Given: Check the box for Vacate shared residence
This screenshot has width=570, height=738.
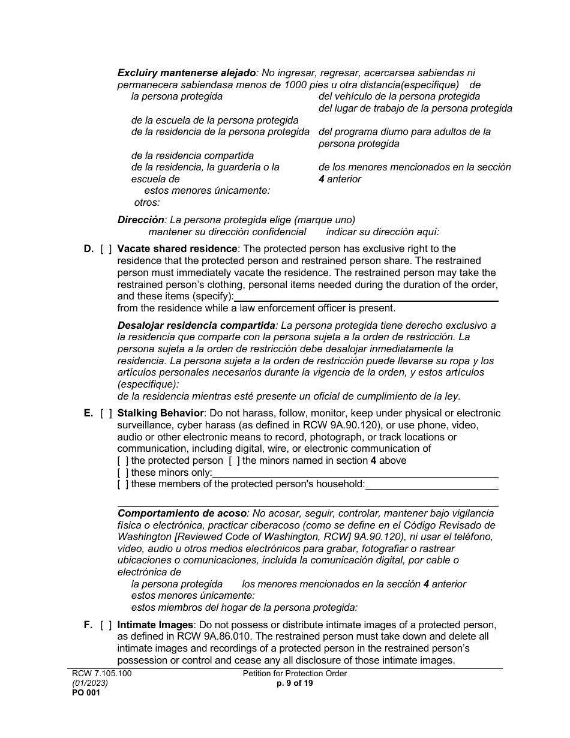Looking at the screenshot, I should (106, 249).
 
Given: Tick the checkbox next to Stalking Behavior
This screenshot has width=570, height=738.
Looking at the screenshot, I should (106, 413).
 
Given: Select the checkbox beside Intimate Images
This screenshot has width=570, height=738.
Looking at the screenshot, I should (106, 625).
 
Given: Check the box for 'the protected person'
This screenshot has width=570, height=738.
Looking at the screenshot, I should (123, 461).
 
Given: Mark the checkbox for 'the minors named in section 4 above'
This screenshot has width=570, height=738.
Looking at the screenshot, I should (235, 461).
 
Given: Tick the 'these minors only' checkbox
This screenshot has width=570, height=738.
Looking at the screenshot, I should (123, 473).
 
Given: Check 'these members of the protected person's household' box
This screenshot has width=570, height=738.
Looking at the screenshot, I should (123, 484).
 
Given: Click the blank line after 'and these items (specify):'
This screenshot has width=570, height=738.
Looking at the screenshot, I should (366, 297).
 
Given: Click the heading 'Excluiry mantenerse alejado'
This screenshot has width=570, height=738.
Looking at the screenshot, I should (187, 73).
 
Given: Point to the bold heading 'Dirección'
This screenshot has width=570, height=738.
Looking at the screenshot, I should (140, 220).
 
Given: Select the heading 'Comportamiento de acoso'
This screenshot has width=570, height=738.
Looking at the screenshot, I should (182, 514).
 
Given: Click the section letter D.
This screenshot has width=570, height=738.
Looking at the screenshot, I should (88, 249).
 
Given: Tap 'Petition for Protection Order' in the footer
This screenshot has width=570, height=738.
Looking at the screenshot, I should (295, 674).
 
